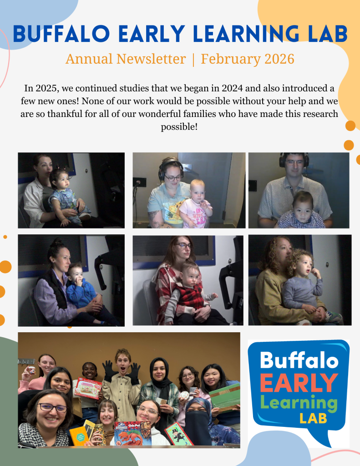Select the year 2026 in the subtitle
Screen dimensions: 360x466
pos(279,59)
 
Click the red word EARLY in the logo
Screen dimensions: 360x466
pos(299,383)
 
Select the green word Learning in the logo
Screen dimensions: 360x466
pos(299,403)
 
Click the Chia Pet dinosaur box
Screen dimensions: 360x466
pos(132,434)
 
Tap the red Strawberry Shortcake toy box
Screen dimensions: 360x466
pos(88,388)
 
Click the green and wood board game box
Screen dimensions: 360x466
pos(225,398)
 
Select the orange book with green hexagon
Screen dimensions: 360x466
pos(79,436)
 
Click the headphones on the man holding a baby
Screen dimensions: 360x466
pos(294,160)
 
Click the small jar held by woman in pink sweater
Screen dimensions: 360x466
pos(32,370)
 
